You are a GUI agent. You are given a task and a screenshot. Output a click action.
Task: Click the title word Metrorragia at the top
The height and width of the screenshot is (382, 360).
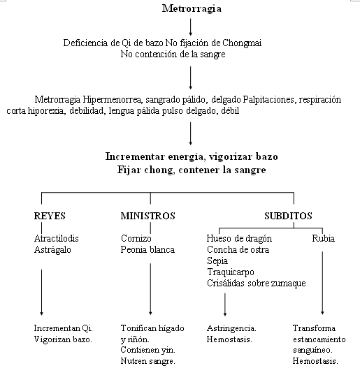pos(192,9)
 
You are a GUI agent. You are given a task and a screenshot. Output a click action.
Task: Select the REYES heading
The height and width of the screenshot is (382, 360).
pos(50,216)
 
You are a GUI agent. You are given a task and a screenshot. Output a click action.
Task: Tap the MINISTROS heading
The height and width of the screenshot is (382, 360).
pos(147,216)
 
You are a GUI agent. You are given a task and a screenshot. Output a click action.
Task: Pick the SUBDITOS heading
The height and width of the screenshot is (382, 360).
pos(288,216)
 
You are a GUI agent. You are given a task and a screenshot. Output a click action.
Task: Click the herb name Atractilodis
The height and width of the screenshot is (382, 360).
pos(57,238)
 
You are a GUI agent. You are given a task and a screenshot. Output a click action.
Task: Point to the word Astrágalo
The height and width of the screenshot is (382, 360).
pos(52,250)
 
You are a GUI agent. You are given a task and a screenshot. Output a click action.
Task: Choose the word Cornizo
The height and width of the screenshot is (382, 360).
pos(136,238)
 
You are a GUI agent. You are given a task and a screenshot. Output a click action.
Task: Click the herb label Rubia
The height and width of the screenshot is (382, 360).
pos(324,238)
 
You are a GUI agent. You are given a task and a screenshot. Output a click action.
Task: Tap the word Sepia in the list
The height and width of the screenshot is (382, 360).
pos(217,261)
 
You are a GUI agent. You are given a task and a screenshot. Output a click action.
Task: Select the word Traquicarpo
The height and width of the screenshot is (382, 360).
pos(231,272)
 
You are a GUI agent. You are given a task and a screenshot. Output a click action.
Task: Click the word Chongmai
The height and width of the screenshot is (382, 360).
pos(242,43)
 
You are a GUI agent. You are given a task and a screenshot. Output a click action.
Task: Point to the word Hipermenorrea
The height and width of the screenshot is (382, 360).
pos(112,100)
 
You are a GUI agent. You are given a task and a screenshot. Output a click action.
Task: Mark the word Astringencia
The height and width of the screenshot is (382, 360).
pos(231,328)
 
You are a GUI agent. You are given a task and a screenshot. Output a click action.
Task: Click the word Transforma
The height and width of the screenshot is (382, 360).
pos(314,328)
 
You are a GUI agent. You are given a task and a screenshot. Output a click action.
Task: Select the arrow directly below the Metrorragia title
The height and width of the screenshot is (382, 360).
pos(191,27)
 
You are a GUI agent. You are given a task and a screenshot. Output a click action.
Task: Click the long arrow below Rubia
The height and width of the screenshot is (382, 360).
pos(322,283)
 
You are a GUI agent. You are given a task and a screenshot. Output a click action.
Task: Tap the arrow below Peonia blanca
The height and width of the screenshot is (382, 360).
pos(150,289)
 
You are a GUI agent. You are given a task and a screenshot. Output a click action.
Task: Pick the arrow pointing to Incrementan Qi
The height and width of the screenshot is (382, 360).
pos(41,293)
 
